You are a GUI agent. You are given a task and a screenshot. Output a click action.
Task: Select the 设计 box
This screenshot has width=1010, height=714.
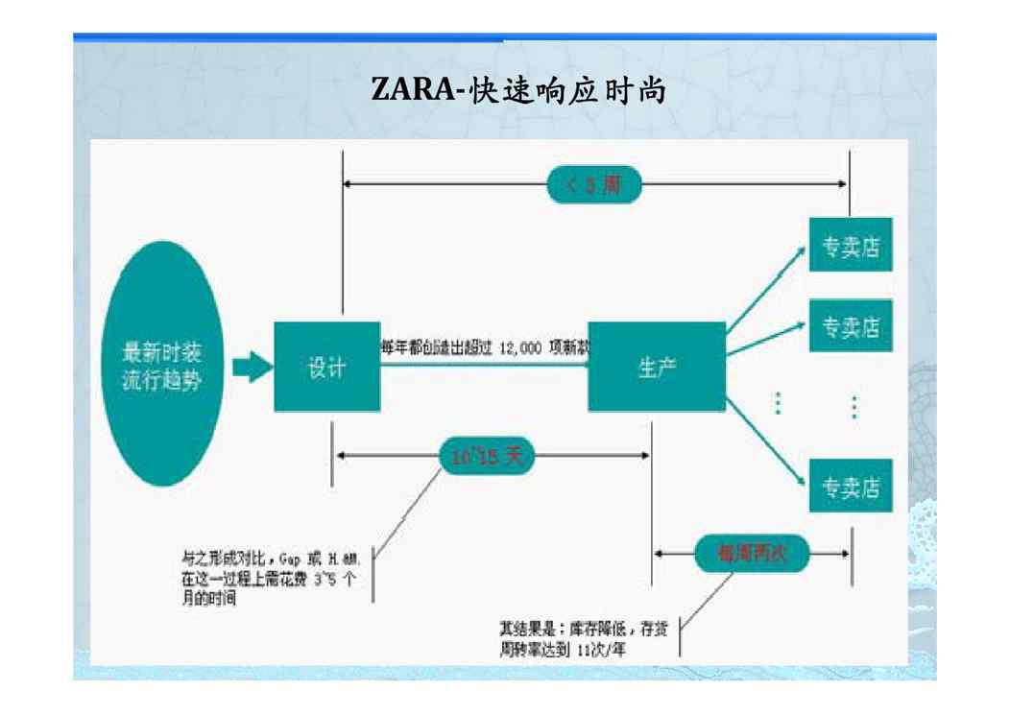click(326, 367)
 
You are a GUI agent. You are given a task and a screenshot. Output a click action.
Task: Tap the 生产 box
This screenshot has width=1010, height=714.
click(657, 367)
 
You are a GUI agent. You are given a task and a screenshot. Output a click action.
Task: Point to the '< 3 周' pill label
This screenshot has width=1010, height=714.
click(594, 184)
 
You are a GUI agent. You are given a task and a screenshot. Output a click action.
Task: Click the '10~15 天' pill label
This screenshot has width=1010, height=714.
click(488, 458)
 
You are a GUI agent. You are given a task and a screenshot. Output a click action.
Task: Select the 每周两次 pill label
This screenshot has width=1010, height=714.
click(752, 554)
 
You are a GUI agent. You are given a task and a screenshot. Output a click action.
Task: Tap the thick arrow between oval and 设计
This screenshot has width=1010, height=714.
click(252, 367)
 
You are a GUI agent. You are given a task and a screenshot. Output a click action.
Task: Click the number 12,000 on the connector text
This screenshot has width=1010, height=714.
click(519, 346)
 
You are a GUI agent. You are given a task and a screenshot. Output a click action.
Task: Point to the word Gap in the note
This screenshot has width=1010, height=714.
click(291, 558)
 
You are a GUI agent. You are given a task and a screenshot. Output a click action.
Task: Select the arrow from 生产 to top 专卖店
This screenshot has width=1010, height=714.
click(765, 290)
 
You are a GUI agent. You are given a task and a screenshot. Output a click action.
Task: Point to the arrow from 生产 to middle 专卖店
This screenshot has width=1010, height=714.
click(765, 340)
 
